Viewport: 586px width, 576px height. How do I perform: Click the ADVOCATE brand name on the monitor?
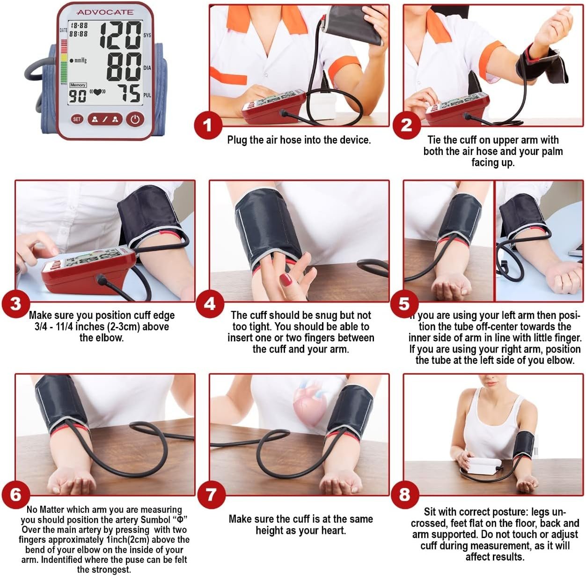click(x=105, y=12)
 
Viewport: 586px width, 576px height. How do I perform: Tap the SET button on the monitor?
click(x=77, y=119)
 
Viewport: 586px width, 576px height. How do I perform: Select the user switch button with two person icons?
click(x=105, y=119)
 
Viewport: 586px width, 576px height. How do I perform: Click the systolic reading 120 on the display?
click(x=121, y=36)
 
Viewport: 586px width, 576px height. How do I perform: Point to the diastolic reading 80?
click(x=124, y=67)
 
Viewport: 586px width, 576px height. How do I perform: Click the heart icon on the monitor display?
click(x=97, y=92)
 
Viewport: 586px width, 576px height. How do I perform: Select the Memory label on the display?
click(x=78, y=85)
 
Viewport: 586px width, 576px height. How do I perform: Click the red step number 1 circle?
click(x=208, y=125)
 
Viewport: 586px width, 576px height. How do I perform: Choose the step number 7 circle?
click(x=212, y=494)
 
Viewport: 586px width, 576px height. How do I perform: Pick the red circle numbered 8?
click(x=405, y=494)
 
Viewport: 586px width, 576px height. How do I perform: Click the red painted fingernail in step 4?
click(x=285, y=280)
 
